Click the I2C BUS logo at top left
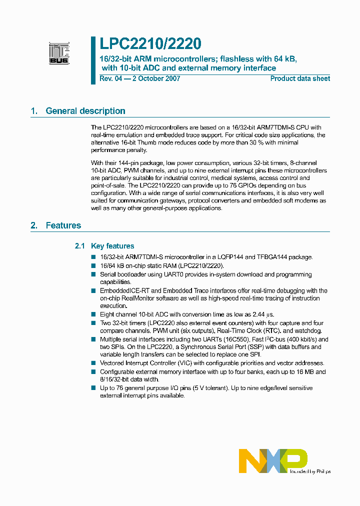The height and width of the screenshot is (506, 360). [x=59, y=53]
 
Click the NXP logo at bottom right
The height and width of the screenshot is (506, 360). [x=273, y=460]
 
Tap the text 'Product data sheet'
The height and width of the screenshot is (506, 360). [x=300, y=78]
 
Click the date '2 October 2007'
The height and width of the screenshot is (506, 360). [x=154, y=78]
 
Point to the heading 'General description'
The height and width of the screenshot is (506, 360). [x=85, y=111]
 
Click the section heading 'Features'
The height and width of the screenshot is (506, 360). [x=63, y=225]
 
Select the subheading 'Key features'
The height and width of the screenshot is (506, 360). [x=113, y=246]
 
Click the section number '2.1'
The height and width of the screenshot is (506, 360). [x=80, y=246]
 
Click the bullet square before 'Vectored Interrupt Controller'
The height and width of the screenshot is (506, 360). [x=93, y=363]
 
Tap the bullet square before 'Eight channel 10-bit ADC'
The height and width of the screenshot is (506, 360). [x=93, y=314]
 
